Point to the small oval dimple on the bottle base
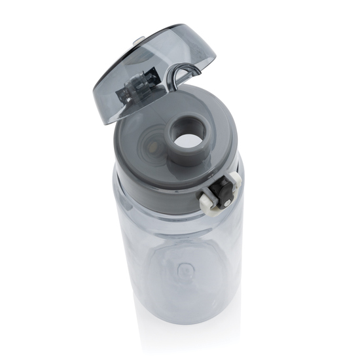[185, 268]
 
